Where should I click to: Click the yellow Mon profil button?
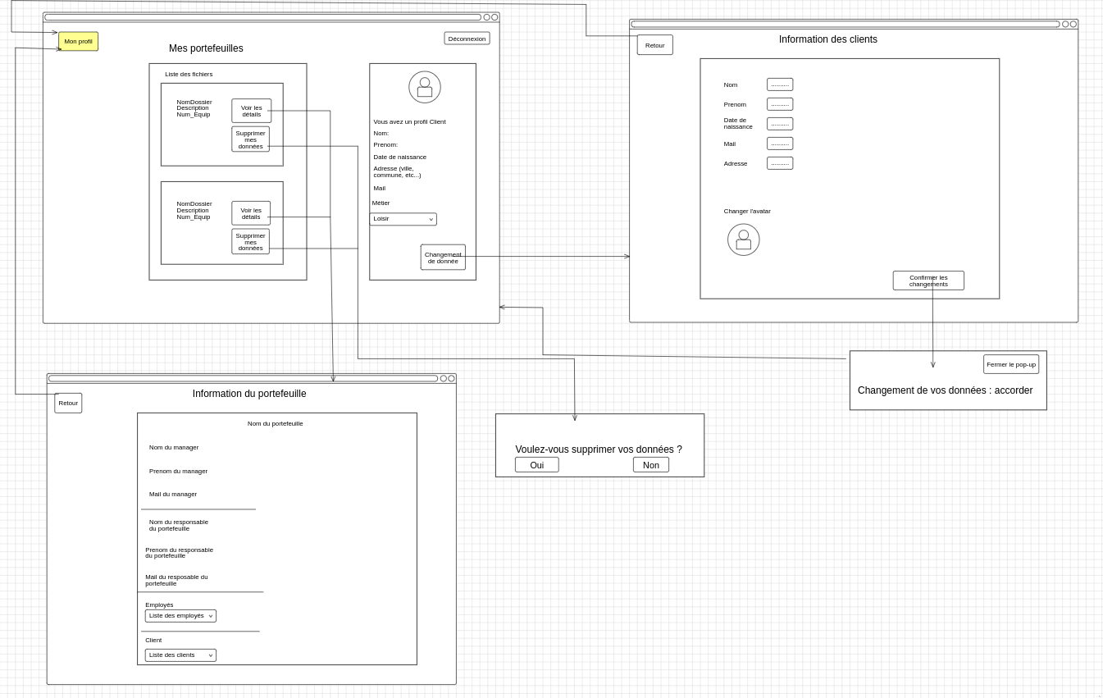[78, 41]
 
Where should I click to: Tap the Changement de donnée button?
[443, 258]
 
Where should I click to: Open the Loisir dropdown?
[403, 219]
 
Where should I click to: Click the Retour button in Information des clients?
[654, 45]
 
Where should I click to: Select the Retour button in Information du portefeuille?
[68, 403]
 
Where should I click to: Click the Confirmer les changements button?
[928, 281]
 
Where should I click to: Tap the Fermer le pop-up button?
[1010, 364]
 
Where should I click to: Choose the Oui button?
[536, 465]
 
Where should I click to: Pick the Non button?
[650, 465]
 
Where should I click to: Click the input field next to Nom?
[780, 84]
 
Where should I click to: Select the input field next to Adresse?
[780, 163]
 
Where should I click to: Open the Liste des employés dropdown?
[180, 616]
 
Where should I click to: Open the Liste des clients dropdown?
[180, 655]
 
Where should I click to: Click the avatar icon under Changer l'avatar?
[743, 240]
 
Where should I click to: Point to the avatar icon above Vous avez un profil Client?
[425, 87]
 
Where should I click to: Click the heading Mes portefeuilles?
[206, 48]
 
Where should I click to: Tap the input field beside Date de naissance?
[780, 124]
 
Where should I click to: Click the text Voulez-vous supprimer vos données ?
[599, 449]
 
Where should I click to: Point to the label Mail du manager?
[173, 495]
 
